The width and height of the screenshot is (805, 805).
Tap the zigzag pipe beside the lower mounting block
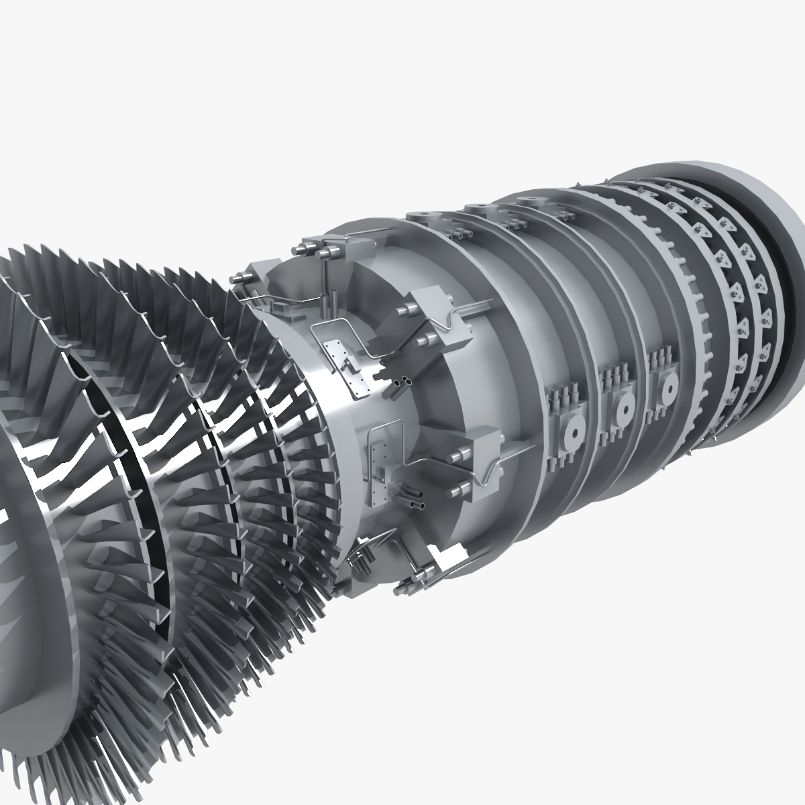493,470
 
